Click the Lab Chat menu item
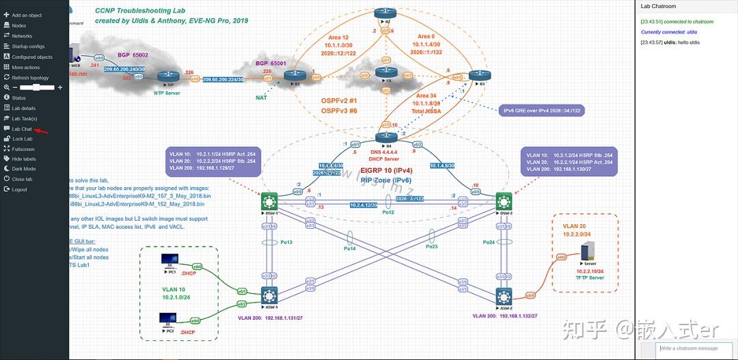tap(22, 128)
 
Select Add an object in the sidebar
tap(27, 15)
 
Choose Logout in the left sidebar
tap(19, 189)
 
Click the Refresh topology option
tap(30, 78)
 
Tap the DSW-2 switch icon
tap(504, 201)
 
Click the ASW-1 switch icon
tap(269, 295)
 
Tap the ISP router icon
tap(166, 79)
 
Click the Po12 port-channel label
tap(388, 212)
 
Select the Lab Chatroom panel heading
tap(658, 6)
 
